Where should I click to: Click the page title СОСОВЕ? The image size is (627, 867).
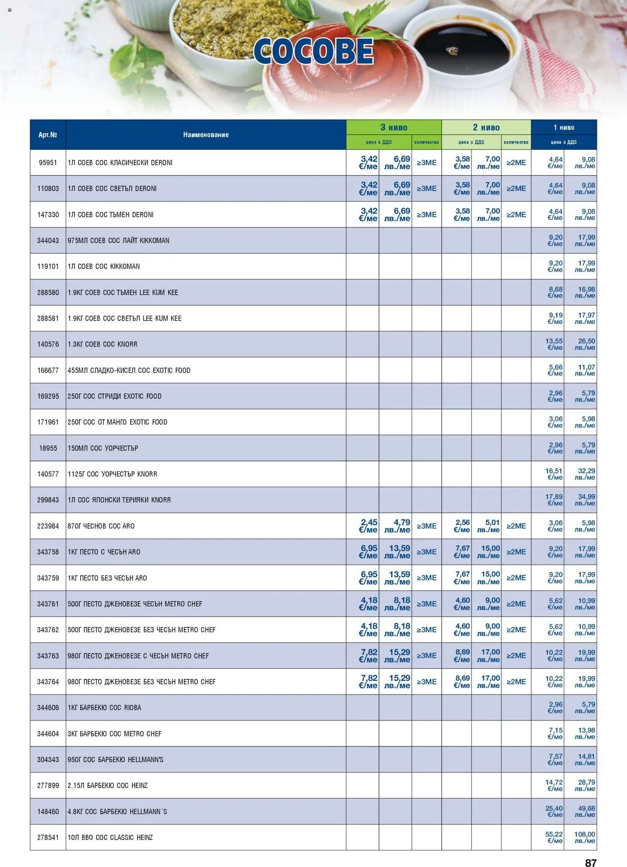coord(313,51)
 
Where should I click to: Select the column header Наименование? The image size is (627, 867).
coord(205,135)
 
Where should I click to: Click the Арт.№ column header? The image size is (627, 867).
coord(48,135)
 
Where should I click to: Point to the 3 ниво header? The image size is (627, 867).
coord(394,127)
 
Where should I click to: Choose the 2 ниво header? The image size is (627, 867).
coord(486,127)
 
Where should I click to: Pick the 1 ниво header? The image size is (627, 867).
coord(563,127)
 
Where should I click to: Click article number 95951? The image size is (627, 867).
coord(48,163)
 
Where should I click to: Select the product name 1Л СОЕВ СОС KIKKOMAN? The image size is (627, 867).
coord(104,266)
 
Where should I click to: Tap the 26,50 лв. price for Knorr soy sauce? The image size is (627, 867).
coord(586,344)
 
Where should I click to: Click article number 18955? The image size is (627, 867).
coord(48,448)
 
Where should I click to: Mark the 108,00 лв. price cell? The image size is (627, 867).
coord(585,837)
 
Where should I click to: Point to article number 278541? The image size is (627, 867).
coord(48,837)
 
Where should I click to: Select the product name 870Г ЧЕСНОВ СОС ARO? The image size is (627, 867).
coord(101,526)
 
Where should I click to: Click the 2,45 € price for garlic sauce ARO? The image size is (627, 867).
coord(368,526)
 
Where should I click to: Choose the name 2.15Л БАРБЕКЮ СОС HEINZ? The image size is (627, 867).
coord(107,785)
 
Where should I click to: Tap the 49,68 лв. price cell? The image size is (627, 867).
coord(586,811)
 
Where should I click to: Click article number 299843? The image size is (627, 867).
coord(48,500)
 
